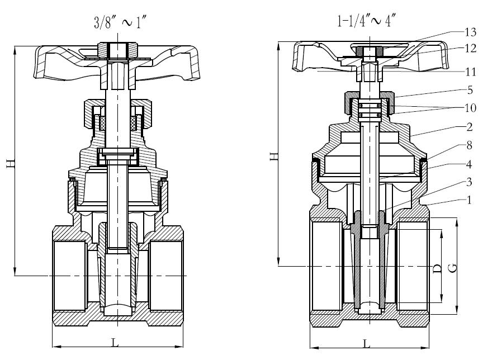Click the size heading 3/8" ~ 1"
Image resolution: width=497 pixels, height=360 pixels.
click(120, 23)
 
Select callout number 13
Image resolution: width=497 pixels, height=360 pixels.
click(470, 32)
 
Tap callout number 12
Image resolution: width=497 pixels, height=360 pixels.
click(470, 49)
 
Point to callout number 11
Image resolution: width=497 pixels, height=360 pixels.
click(470, 72)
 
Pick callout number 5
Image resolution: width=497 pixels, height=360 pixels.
click(470, 91)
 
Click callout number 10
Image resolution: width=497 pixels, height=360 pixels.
click(470, 108)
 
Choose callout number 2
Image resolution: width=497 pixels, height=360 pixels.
click(470, 127)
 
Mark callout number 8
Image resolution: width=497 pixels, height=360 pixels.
click(470, 145)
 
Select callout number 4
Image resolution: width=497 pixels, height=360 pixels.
click(469, 164)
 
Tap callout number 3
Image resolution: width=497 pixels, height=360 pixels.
click(469, 182)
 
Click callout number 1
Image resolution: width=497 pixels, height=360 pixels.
click(470, 200)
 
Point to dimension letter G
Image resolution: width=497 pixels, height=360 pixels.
click(453, 268)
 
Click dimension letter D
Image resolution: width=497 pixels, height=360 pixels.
click(437, 268)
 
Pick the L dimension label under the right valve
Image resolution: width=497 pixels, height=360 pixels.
click(366, 344)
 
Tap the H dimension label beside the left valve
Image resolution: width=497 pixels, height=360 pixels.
click(11, 164)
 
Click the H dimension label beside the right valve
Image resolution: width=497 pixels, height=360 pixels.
click(274, 156)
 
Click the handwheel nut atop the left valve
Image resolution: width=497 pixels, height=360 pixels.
click(117, 50)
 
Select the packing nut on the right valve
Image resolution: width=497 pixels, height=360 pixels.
click(370, 103)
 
